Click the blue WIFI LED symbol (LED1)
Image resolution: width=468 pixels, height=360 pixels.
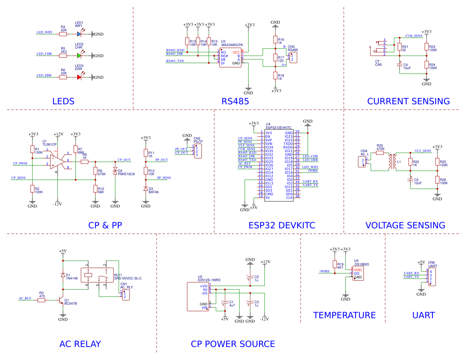tap(79, 34)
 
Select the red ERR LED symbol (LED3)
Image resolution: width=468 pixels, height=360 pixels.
tap(79, 77)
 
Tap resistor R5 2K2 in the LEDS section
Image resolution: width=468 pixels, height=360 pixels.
tap(63, 56)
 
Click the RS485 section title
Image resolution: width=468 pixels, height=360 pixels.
tap(235, 101)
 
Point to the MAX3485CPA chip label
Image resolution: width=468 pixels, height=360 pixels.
tap(232, 45)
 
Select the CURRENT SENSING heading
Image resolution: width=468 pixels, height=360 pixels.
tap(408, 101)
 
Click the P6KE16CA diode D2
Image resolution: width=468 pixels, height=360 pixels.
tap(115, 171)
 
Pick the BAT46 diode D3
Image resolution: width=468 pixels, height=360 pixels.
tap(146, 189)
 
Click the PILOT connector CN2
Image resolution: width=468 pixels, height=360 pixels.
tap(198, 151)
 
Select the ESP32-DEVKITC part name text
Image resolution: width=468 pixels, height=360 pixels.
tap(278, 128)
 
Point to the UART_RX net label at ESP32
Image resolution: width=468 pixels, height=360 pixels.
tap(310, 182)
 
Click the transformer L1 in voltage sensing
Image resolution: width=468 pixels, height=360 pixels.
tap(392, 162)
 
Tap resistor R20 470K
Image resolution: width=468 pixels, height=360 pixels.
tap(380, 153)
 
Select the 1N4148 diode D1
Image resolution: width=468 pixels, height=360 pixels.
tap(63, 275)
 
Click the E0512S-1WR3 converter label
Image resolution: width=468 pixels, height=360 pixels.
tap(209, 280)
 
